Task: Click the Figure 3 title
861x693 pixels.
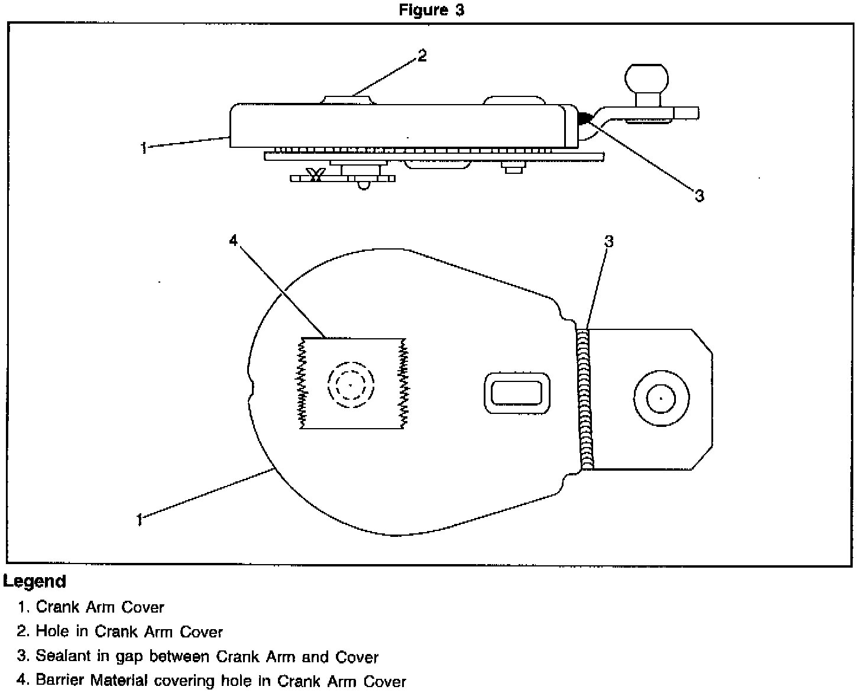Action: (x=431, y=10)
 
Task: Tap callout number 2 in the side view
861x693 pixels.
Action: (x=422, y=56)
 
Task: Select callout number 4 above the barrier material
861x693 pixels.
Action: (x=233, y=240)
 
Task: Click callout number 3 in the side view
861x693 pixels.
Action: (x=699, y=196)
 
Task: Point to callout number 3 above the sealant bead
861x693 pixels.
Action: (x=608, y=241)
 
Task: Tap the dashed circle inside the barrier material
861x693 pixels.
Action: (x=351, y=385)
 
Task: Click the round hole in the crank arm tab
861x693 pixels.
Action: (x=661, y=399)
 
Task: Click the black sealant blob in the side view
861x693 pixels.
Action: (x=584, y=118)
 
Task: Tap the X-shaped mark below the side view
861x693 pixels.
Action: (x=315, y=176)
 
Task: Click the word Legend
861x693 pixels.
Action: (x=34, y=582)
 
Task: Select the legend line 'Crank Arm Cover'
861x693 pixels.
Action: (x=99, y=607)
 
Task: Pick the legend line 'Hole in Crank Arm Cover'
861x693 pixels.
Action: (x=129, y=632)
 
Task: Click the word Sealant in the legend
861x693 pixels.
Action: (x=58, y=656)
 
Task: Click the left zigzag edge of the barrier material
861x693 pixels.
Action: (x=303, y=383)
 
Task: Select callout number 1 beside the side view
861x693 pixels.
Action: (x=144, y=148)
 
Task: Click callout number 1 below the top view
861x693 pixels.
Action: (x=140, y=520)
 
